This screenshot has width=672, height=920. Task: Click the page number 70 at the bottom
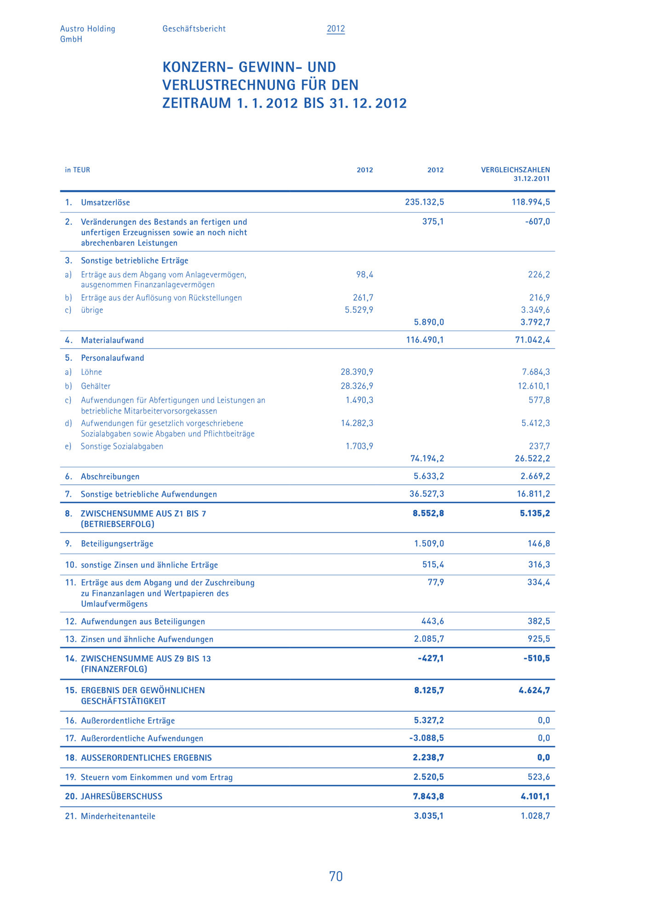tap(336, 876)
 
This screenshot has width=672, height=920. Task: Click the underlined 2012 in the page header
tap(336, 29)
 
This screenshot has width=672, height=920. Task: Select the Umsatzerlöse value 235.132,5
tap(424, 202)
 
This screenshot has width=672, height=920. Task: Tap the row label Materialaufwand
tap(112, 340)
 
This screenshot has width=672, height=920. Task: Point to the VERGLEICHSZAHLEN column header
tap(515, 170)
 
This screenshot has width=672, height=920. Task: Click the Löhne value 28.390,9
tap(357, 372)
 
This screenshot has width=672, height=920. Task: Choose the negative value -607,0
tap(537, 221)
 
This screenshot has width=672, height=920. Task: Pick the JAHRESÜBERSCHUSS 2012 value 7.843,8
tap(428, 796)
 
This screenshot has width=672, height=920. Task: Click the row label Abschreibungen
tap(110, 477)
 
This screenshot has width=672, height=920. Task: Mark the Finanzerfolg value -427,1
tap(431, 658)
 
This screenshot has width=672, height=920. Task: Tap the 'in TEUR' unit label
tap(77, 170)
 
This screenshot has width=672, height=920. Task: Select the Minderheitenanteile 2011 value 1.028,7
tap(535, 816)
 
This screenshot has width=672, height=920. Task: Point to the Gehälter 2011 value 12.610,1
tap(534, 386)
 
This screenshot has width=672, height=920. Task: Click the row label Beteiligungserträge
tap(117, 543)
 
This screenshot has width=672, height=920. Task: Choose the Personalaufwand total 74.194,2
tap(427, 458)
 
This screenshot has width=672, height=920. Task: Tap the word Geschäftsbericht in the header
tap(194, 29)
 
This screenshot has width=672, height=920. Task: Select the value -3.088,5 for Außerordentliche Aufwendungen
tap(427, 738)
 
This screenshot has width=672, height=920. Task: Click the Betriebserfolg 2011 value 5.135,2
tap(535, 513)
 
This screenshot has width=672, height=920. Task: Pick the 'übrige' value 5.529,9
tap(359, 310)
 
